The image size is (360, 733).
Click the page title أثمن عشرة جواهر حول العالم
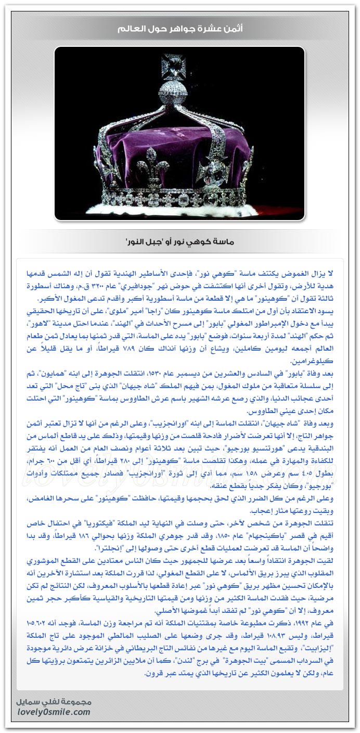coord(179,29)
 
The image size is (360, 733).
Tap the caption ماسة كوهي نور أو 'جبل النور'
coord(179,241)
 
